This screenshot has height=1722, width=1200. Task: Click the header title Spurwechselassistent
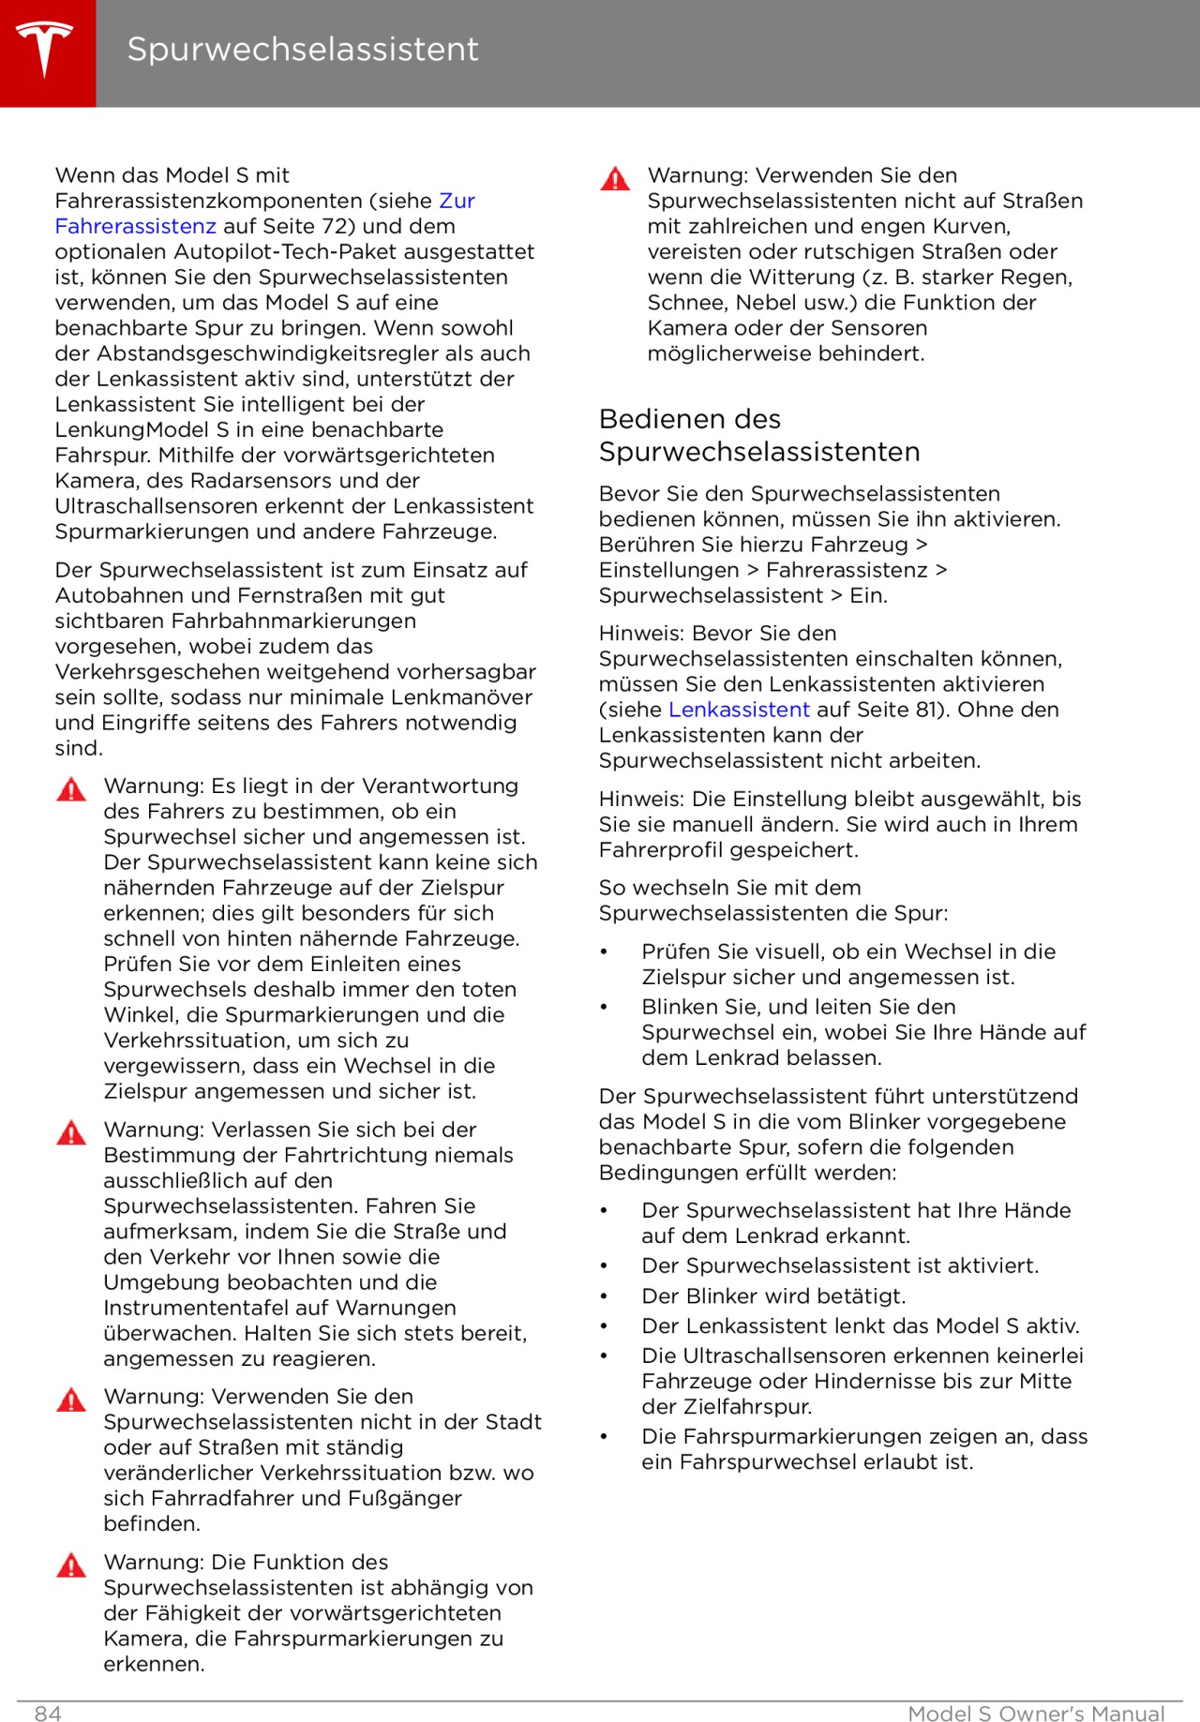(x=302, y=49)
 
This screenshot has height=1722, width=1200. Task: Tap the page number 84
(x=48, y=1714)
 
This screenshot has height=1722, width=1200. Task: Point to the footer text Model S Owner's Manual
(x=1036, y=1714)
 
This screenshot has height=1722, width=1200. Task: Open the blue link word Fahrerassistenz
(x=135, y=226)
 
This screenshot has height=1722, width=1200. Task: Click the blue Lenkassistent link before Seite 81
(x=739, y=710)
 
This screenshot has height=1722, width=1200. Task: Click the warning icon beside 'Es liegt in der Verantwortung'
(x=71, y=788)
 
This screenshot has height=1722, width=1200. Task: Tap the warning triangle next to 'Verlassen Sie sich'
(x=71, y=1132)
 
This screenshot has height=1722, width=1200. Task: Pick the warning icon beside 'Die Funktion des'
(x=71, y=1565)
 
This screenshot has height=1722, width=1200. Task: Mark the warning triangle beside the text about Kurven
(x=615, y=178)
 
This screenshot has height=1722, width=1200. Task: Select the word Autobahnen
(x=111, y=595)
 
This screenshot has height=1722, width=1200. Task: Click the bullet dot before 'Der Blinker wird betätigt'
(x=605, y=1296)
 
